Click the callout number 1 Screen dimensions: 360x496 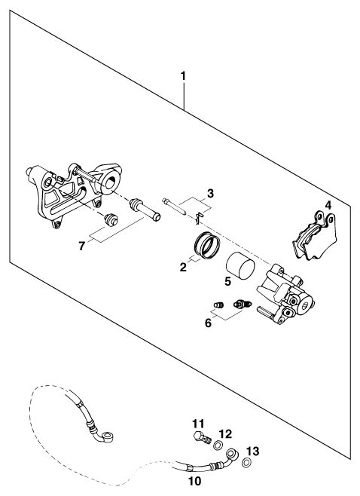coord(183,76)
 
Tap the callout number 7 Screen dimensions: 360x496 coord(82,246)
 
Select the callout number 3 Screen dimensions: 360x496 coord(210,193)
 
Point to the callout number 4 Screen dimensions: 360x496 coord(328,205)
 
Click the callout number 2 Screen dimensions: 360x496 coord(183,268)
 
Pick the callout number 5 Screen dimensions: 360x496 coord(228,281)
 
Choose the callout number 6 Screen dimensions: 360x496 coord(208,323)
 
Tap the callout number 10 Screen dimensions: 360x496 coord(195,482)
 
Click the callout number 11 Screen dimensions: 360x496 coord(199,423)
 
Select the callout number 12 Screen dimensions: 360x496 coord(226,434)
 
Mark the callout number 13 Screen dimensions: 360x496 coord(252,452)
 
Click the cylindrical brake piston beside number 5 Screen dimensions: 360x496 coord(240,268)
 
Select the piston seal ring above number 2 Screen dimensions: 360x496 coord(207,245)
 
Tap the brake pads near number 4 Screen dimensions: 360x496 coord(315,237)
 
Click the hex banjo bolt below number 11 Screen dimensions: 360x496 coord(202,438)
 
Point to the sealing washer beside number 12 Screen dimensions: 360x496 coord(218,445)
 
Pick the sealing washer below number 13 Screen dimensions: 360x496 coord(247,463)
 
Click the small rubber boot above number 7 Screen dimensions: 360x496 coord(111,219)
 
